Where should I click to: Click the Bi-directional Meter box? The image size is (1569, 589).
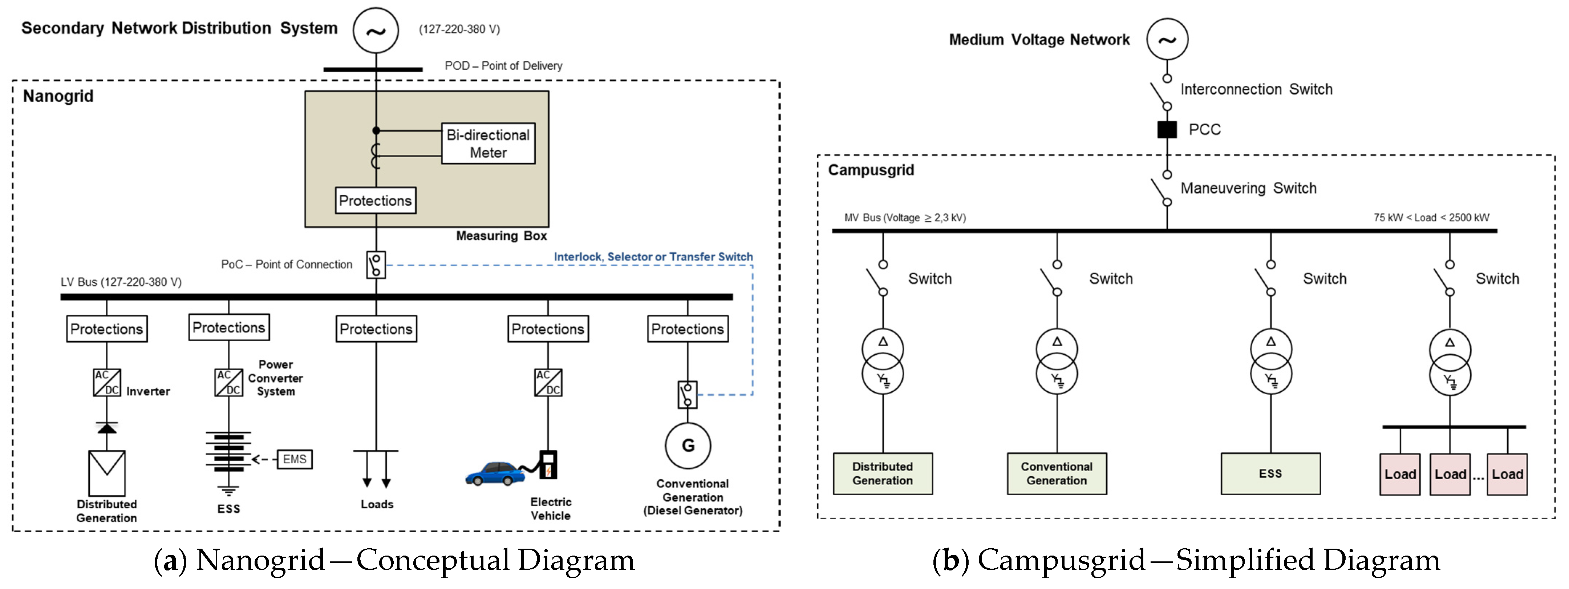pyautogui.click(x=488, y=144)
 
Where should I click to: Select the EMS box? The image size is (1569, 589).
pyautogui.click(x=295, y=459)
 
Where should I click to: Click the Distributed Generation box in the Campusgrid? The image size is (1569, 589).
pyautogui.click(x=883, y=473)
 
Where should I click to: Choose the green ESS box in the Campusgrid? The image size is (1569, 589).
pyautogui.click(x=1270, y=473)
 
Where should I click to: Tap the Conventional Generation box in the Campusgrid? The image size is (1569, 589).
pyautogui.click(x=1057, y=473)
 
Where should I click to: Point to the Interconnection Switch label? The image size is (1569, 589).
pyautogui.click(x=1256, y=89)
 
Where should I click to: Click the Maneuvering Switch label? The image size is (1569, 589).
pyautogui.click(x=1248, y=188)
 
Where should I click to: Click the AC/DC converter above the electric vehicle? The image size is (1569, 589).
pyautogui.click(x=548, y=383)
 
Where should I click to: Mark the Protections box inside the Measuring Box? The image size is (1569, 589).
pyautogui.click(x=375, y=201)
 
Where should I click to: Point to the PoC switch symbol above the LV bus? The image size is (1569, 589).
pyautogui.click(x=376, y=265)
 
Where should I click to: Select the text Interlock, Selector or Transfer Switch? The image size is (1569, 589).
pyautogui.click(x=653, y=257)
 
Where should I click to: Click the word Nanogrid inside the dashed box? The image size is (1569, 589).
pyautogui.click(x=58, y=96)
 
